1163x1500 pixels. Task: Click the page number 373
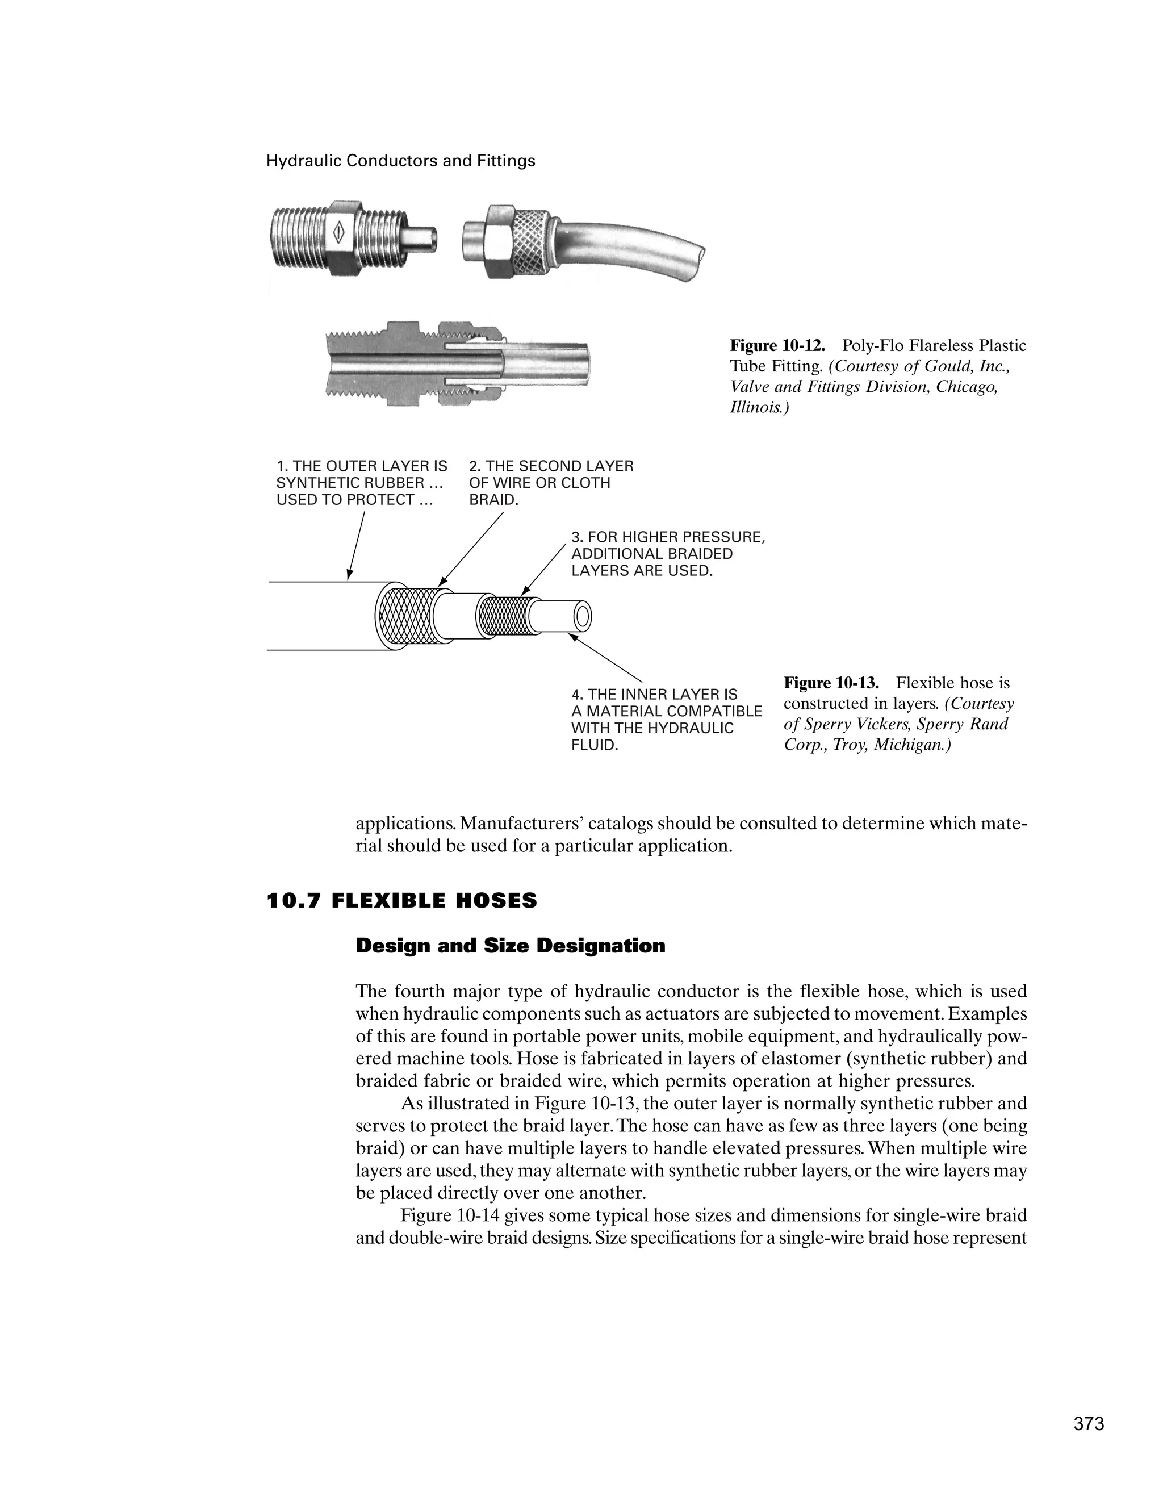tap(1089, 1424)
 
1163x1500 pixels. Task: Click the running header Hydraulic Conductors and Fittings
tap(400, 161)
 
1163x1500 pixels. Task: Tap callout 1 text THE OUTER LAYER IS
tap(362, 466)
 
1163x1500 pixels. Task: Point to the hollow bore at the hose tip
tap(583, 615)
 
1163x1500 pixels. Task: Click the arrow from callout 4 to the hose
tap(605, 659)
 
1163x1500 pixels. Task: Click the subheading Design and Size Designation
tap(510, 946)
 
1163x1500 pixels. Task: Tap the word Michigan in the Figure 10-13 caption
tap(910, 745)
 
